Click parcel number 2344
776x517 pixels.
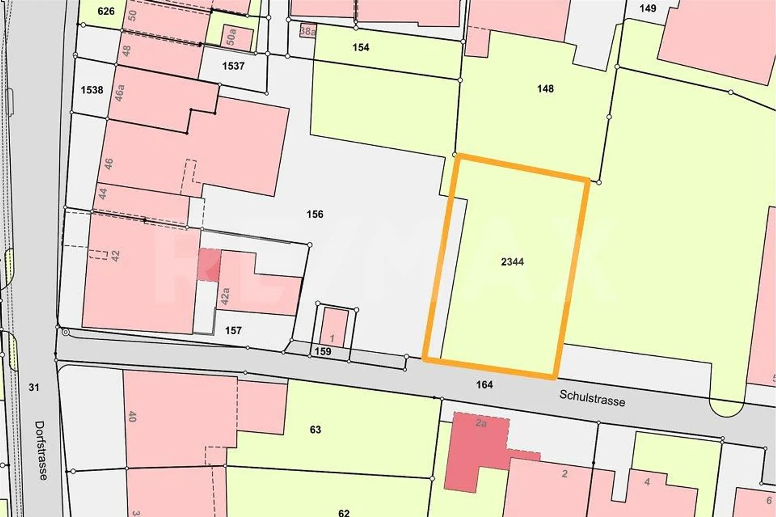pyautogui.click(x=512, y=262)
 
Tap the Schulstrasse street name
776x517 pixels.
pyautogui.click(x=592, y=398)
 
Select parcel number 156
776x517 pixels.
pyautogui.click(x=315, y=215)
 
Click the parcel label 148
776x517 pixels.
pyautogui.click(x=545, y=88)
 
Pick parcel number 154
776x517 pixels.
pyautogui.click(x=361, y=47)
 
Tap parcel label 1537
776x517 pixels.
pyautogui.click(x=233, y=66)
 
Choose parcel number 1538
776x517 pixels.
pyautogui.click(x=92, y=89)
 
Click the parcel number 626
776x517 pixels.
pyautogui.click(x=106, y=11)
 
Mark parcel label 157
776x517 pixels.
pyautogui.click(x=233, y=330)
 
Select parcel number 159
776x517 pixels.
pyautogui.click(x=323, y=351)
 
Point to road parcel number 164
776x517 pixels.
pyautogui.click(x=484, y=384)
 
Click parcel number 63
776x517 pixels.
pyautogui.click(x=315, y=429)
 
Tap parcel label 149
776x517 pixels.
pyautogui.click(x=647, y=8)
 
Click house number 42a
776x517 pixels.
pyautogui.click(x=225, y=297)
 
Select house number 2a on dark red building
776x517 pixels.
pyautogui.click(x=481, y=424)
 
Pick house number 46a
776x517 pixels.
pyautogui.click(x=120, y=92)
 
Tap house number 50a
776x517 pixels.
pyautogui.click(x=231, y=37)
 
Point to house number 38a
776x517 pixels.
pyautogui.click(x=307, y=31)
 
